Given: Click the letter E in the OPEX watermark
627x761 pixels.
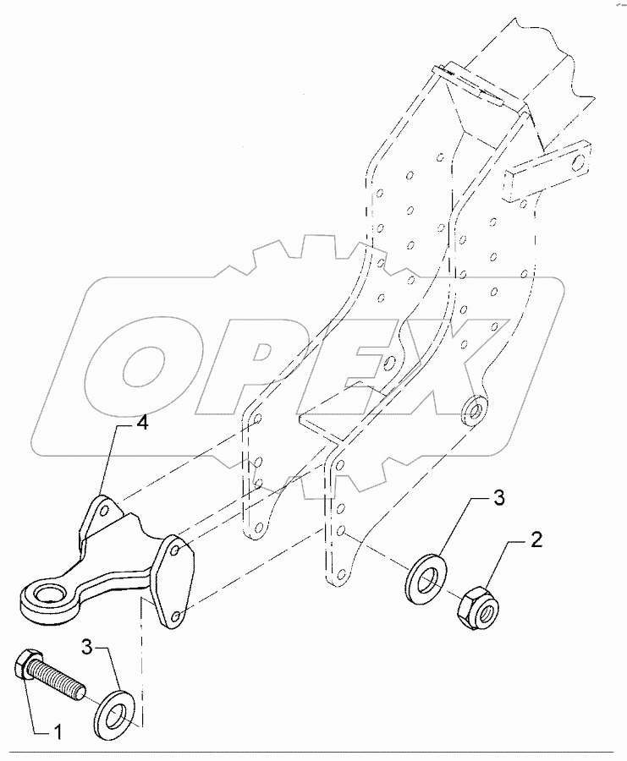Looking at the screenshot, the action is [x=355, y=355].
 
